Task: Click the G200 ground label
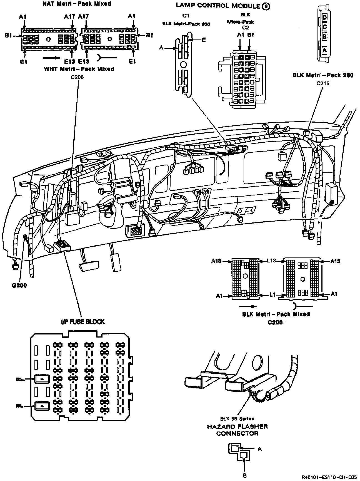pos(19,286)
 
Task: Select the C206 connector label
pos(77,77)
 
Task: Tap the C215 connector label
pos(323,83)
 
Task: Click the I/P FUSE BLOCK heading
pos(83,322)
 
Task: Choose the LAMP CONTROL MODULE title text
pos(218,6)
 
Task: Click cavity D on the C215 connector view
pos(325,18)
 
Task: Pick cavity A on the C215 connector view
pos(325,50)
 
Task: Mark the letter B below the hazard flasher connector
pos(245,476)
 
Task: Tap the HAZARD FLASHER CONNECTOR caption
pos(237,430)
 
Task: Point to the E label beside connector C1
pos(204,40)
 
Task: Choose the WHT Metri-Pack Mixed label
pos(79,69)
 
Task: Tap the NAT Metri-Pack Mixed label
pos(77,4)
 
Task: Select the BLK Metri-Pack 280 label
pos(323,75)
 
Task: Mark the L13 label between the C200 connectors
pos(271,261)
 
